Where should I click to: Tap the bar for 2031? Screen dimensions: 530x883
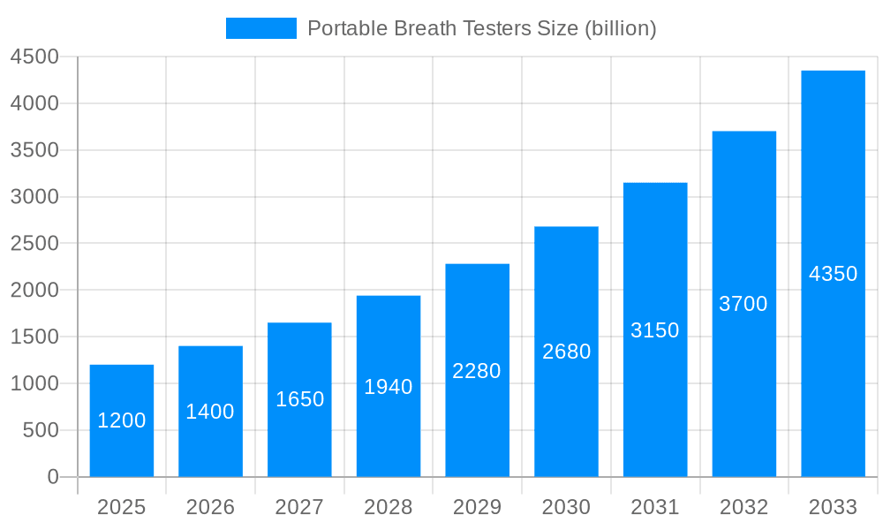pyautogui.click(x=655, y=397)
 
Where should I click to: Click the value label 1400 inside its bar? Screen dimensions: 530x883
pyautogui.click(x=210, y=412)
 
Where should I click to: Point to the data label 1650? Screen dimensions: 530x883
pyautogui.click(x=299, y=399)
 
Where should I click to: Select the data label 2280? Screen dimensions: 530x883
pyautogui.click(x=477, y=371)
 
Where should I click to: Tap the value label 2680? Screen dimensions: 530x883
pyautogui.click(x=566, y=352)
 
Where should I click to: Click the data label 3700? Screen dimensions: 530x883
pyautogui.click(x=743, y=304)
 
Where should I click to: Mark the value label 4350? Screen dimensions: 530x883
pyautogui.click(x=833, y=274)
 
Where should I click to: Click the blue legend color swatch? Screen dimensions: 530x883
pyautogui.click(x=261, y=28)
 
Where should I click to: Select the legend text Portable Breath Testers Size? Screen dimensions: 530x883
pyautogui.click(x=481, y=28)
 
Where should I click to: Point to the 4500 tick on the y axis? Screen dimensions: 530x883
pyautogui.click(x=34, y=57)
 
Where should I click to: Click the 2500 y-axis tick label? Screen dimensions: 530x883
pyautogui.click(x=34, y=244)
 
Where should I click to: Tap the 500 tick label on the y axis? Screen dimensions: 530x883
pyautogui.click(x=40, y=430)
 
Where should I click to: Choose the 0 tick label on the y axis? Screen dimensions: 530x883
pyautogui.click(x=53, y=477)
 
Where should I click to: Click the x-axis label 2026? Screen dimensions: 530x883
pyautogui.click(x=210, y=507)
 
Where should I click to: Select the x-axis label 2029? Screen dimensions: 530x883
pyautogui.click(x=477, y=507)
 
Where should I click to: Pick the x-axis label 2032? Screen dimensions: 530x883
pyautogui.click(x=743, y=507)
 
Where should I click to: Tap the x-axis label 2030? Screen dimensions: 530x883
pyautogui.click(x=566, y=507)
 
